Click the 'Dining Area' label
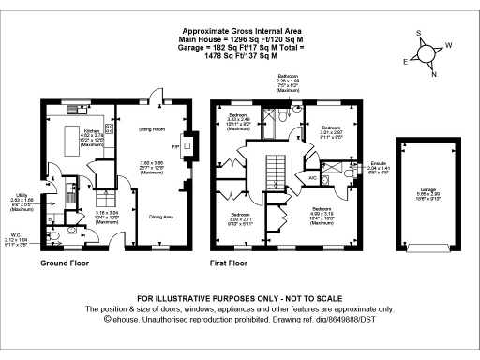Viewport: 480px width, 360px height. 161,217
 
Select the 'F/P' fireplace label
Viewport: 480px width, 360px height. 178,146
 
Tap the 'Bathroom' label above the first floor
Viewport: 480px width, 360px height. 288,75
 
